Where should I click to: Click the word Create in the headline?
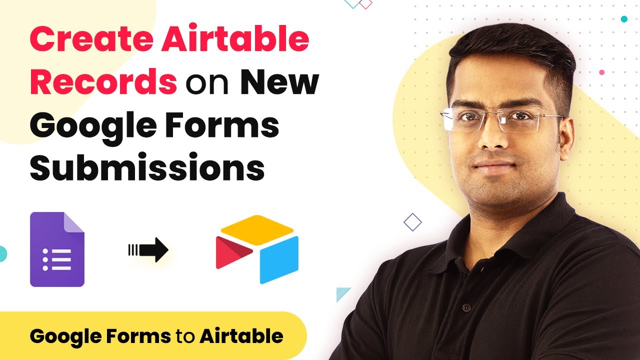(91, 39)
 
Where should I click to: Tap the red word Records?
(103, 81)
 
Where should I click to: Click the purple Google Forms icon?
(57, 249)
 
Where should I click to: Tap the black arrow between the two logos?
(148, 249)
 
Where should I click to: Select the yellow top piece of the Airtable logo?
(257, 229)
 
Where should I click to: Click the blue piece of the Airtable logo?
(279, 259)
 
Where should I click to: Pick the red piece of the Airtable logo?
(233, 252)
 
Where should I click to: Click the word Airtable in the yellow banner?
(241, 336)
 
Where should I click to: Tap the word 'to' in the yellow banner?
(185, 337)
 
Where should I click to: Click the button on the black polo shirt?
(466, 307)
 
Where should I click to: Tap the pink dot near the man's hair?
(601, 72)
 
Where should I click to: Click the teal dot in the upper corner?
(624, 19)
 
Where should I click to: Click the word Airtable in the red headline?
(235, 39)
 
